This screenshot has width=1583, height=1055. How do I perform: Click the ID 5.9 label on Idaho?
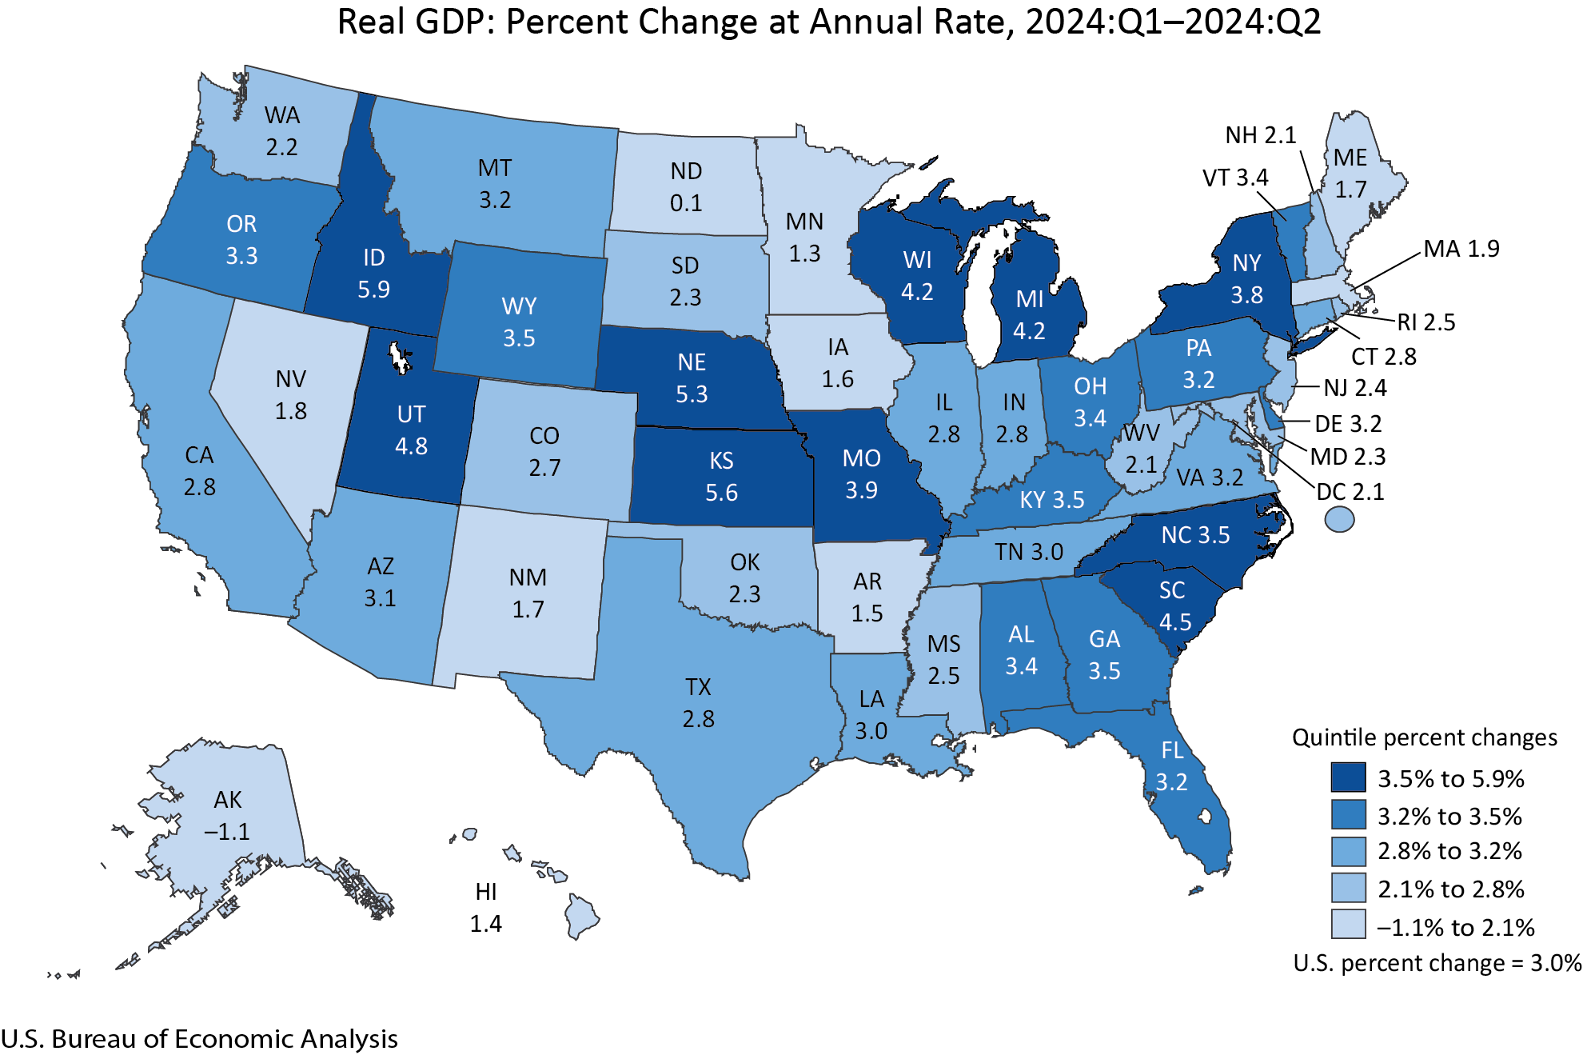(x=373, y=273)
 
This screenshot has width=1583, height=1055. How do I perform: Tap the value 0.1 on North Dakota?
(x=686, y=203)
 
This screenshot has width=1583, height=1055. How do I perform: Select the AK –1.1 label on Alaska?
(x=227, y=816)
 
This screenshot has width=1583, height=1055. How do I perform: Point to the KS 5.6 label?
(x=721, y=477)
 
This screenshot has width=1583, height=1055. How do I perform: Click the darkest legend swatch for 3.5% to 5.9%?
(x=1348, y=777)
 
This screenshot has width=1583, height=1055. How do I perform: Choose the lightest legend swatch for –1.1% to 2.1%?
(x=1348, y=925)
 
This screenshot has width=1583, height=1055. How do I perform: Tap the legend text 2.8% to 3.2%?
(x=1449, y=851)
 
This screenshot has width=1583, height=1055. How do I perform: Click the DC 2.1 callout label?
(x=1350, y=492)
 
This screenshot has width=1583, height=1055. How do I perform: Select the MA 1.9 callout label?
(x=1461, y=249)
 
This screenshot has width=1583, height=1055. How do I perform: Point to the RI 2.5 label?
(x=1426, y=322)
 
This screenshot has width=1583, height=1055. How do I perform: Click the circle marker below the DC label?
(x=1339, y=520)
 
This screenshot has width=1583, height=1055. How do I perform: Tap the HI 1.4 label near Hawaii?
(x=485, y=908)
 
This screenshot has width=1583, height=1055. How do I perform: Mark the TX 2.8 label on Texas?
(x=698, y=703)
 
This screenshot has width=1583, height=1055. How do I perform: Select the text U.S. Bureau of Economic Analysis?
(x=199, y=1038)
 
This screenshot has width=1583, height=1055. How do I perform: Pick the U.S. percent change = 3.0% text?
(x=1437, y=963)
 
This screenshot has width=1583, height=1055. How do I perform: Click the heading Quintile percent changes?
(x=1424, y=737)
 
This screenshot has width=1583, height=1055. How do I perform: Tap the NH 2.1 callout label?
(x=1260, y=135)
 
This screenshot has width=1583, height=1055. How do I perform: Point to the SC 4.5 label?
(x=1174, y=606)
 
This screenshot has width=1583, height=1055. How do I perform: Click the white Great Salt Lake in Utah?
(x=398, y=358)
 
